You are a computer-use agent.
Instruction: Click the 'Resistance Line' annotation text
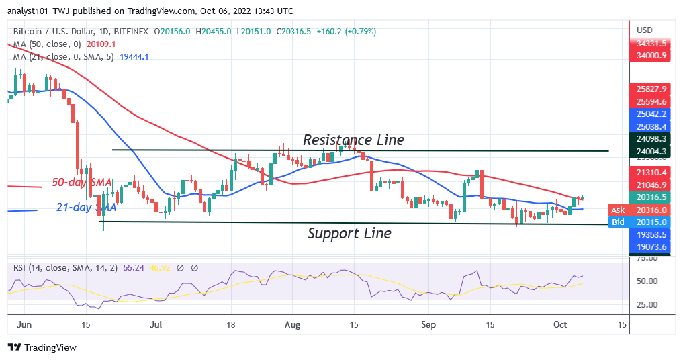click(353, 140)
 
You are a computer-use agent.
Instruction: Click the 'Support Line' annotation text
click(349, 234)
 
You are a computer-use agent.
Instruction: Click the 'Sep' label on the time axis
click(428, 324)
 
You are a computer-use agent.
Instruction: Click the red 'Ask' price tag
click(617, 210)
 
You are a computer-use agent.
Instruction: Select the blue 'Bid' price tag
click(617, 222)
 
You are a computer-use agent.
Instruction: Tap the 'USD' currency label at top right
click(645, 30)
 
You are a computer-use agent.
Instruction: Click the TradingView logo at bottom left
click(42, 347)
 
